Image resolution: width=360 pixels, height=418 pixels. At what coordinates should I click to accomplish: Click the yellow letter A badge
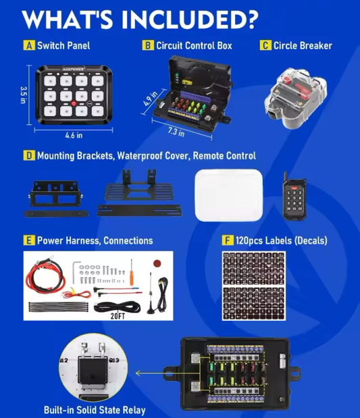(x=28, y=46)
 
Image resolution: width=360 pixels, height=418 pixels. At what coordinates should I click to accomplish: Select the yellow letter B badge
(x=147, y=46)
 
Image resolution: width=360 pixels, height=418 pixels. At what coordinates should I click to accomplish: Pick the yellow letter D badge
(x=28, y=156)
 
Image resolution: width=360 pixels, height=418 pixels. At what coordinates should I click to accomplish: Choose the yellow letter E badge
(x=28, y=240)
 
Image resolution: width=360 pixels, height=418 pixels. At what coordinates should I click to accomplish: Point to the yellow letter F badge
(x=228, y=240)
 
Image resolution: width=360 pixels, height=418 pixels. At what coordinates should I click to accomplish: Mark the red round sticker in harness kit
(x=158, y=262)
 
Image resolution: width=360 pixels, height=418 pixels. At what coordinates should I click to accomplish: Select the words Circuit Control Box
(x=194, y=46)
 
